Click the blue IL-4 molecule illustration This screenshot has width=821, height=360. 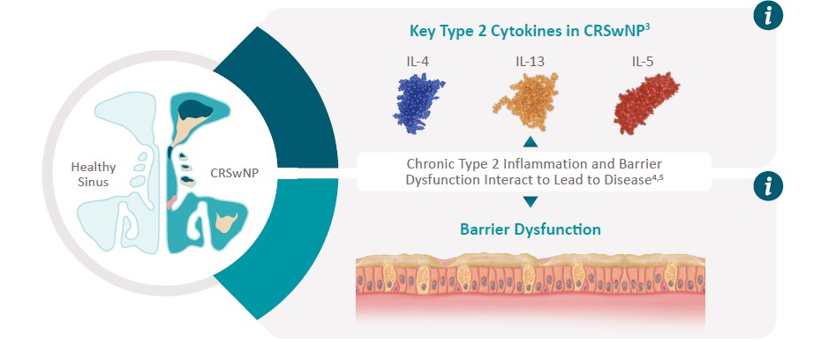[x=418, y=102]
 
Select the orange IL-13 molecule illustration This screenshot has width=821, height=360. [x=525, y=101]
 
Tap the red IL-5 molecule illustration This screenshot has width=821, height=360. [x=646, y=102]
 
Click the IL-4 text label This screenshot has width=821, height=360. [x=418, y=62]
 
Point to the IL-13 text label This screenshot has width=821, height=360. [x=530, y=62]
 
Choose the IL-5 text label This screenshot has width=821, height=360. [x=643, y=62]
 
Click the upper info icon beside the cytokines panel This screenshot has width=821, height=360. [x=768, y=16]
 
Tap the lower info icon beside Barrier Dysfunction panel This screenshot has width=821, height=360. [x=768, y=186]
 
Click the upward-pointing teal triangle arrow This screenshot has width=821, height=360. [x=531, y=141]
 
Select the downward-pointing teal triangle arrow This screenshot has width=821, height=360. [x=531, y=201]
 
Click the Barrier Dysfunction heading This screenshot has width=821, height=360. [x=531, y=229]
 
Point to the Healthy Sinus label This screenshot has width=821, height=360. [x=94, y=175]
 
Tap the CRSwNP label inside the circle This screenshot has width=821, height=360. [x=234, y=173]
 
